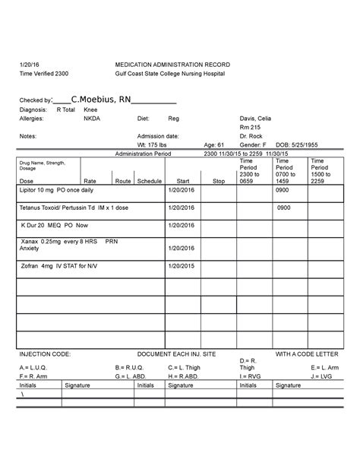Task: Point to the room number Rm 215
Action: pyautogui.click(x=250, y=128)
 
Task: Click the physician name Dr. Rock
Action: pyautogui.click(x=251, y=137)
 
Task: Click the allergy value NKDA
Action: pyautogui.click(x=91, y=119)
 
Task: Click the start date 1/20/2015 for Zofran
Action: pyautogui.click(x=183, y=265)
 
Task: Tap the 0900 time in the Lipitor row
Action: pyautogui.click(x=283, y=192)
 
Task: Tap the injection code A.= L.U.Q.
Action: pyautogui.click(x=33, y=368)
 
